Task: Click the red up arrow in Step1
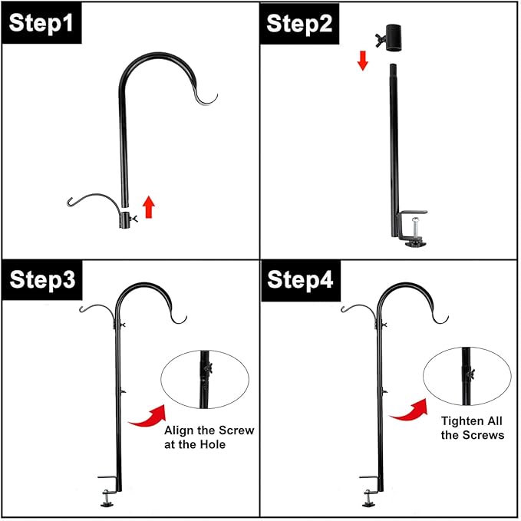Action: [149, 206]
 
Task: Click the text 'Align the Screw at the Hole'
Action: [209, 437]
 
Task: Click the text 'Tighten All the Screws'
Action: [473, 428]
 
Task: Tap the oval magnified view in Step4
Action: [467, 376]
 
